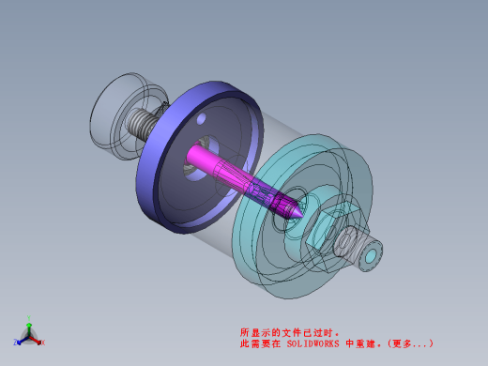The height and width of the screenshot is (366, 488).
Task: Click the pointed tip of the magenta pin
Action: (x=303, y=216)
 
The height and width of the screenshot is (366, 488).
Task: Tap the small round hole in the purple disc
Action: (x=201, y=118)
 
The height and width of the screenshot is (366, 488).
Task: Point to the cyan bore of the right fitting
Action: (x=371, y=256)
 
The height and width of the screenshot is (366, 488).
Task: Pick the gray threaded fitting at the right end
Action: (x=358, y=248)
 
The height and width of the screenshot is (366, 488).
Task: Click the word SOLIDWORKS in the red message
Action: (x=313, y=343)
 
